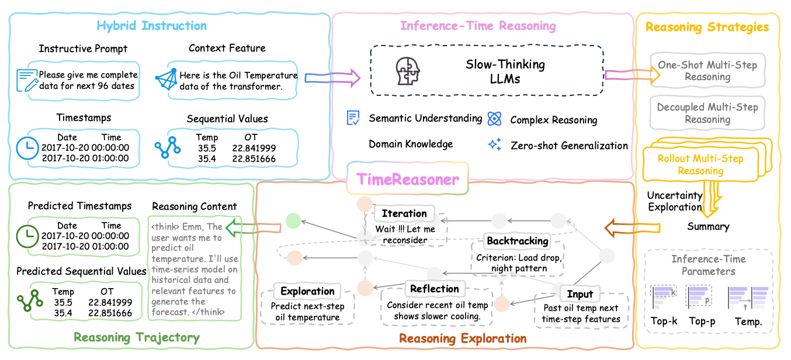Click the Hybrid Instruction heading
pyautogui.click(x=151, y=26)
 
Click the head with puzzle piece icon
pyautogui.click(x=408, y=71)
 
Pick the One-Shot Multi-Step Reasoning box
pyautogui.click(x=707, y=71)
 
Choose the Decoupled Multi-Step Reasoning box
pyautogui.click(x=707, y=113)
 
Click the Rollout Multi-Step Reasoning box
pyautogui.click(x=700, y=164)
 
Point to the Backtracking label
pyautogui.click(x=518, y=240)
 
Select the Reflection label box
pyautogui.click(x=434, y=289)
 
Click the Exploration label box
pyautogui.click(x=307, y=291)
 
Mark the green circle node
pyautogui.click(x=294, y=220)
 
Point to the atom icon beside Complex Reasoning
pyautogui.click(x=495, y=119)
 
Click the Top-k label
pyautogui.click(x=664, y=321)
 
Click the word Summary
pyautogui.click(x=708, y=226)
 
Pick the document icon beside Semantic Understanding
pyautogui.click(x=353, y=119)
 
